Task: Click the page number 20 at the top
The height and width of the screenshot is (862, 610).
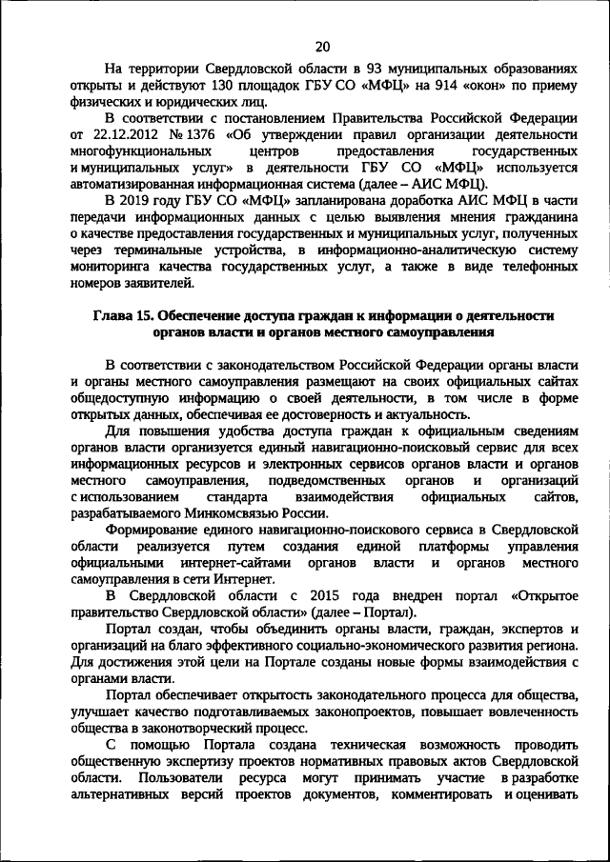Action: click(322, 46)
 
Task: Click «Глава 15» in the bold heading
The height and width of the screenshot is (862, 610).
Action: click(122, 317)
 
